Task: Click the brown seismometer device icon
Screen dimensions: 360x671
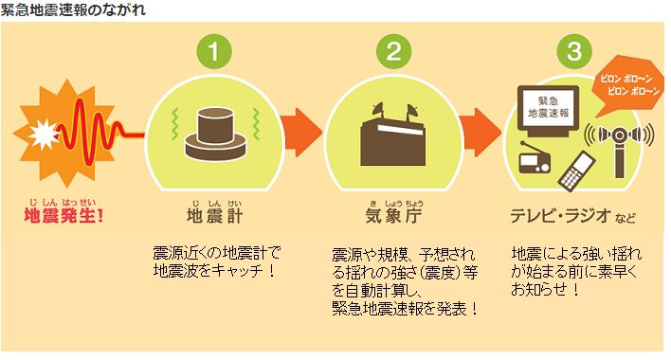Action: [x=215, y=133]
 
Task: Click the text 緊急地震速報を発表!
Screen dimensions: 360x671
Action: [x=405, y=308]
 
